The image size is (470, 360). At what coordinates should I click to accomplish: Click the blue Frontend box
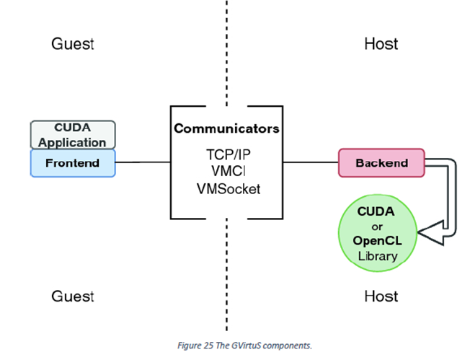click(x=73, y=163)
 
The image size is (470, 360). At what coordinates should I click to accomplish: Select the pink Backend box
click(x=381, y=163)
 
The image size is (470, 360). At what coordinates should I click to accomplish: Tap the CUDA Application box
click(x=73, y=135)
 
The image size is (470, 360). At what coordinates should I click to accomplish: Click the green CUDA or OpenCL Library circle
click(x=378, y=233)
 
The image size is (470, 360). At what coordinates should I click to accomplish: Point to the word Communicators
click(x=226, y=128)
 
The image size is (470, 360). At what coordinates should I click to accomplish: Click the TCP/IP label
click(x=229, y=155)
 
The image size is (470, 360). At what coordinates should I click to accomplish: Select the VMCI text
click(x=229, y=171)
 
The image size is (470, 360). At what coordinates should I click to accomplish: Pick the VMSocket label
click(x=229, y=189)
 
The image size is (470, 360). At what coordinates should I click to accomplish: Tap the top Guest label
click(x=73, y=44)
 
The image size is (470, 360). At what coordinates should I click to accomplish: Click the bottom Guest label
click(x=73, y=297)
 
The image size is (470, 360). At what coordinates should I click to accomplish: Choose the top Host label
click(x=381, y=44)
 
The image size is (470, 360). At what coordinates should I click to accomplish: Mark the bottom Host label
click(x=381, y=297)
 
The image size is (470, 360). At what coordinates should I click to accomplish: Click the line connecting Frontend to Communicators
click(x=143, y=162)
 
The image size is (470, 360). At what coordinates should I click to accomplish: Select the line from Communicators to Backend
click(x=311, y=162)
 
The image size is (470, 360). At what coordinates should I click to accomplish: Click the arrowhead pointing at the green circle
click(x=431, y=233)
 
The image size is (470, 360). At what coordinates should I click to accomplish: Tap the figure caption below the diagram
click(x=244, y=346)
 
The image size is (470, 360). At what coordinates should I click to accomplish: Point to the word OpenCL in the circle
click(x=378, y=240)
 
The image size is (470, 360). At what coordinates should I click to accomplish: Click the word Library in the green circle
click(x=378, y=256)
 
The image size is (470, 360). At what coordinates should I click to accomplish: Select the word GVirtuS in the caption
click(x=246, y=346)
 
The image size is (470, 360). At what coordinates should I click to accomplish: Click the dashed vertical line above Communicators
click(x=226, y=53)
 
